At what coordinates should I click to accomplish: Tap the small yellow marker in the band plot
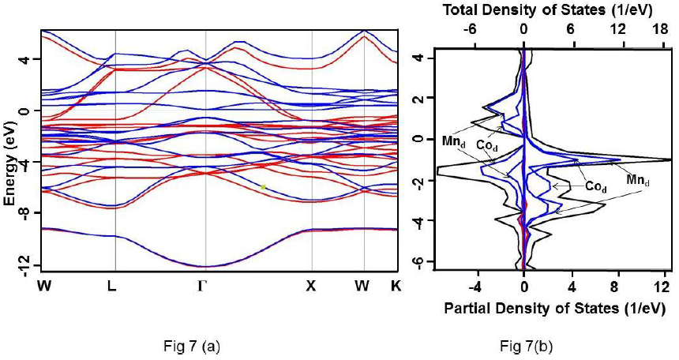point(264,187)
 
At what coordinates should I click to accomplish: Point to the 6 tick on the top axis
point(570,27)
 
